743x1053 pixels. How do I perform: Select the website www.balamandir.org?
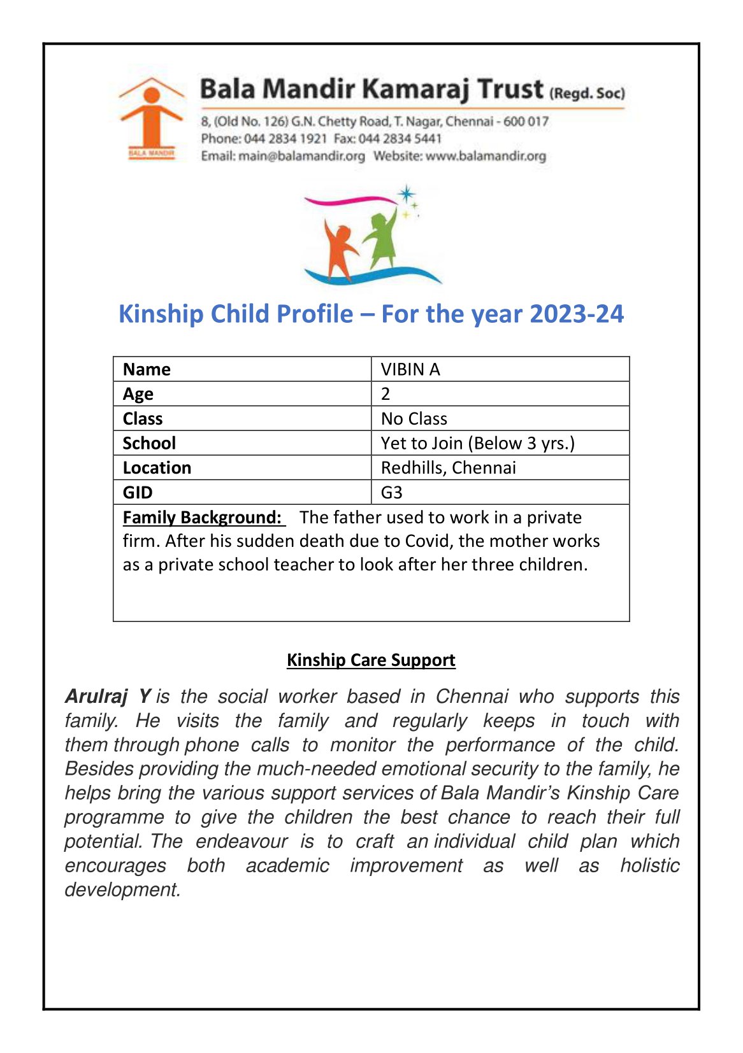point(486,156)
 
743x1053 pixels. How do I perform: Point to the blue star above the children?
point(406,194)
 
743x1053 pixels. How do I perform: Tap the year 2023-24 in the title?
point(576,314)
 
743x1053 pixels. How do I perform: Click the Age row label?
point(138,394)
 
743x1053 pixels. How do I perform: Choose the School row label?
point(149,443)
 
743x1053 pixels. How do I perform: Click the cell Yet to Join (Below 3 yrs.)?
point(477,443)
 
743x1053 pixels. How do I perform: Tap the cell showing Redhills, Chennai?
point(448,468)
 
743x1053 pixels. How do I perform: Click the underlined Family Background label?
point(202,517)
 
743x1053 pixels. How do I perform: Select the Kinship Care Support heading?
point(371,660)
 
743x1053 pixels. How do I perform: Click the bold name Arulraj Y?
point(108,696)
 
